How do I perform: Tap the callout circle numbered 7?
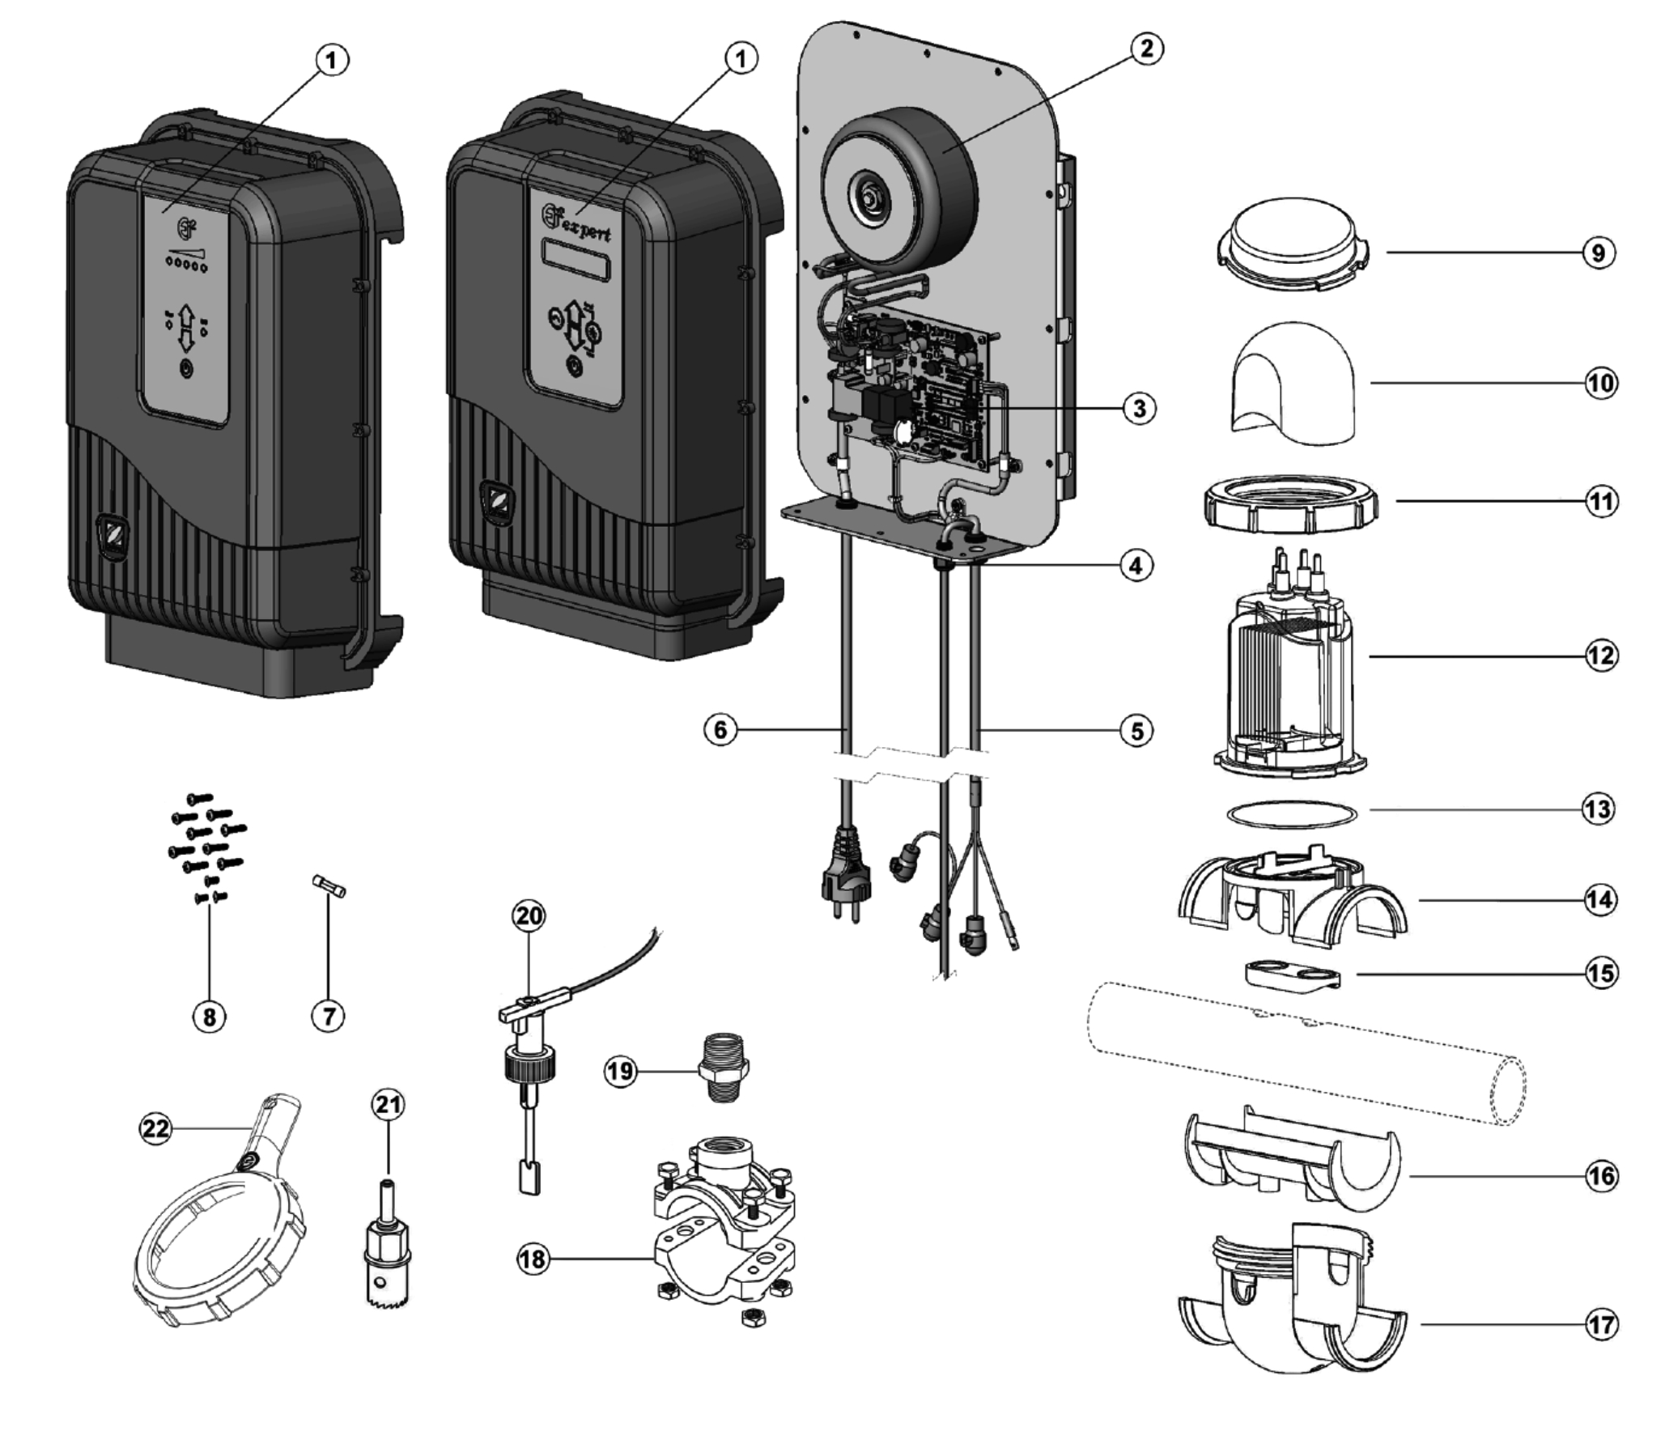328,1016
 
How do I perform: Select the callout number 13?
1599,809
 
